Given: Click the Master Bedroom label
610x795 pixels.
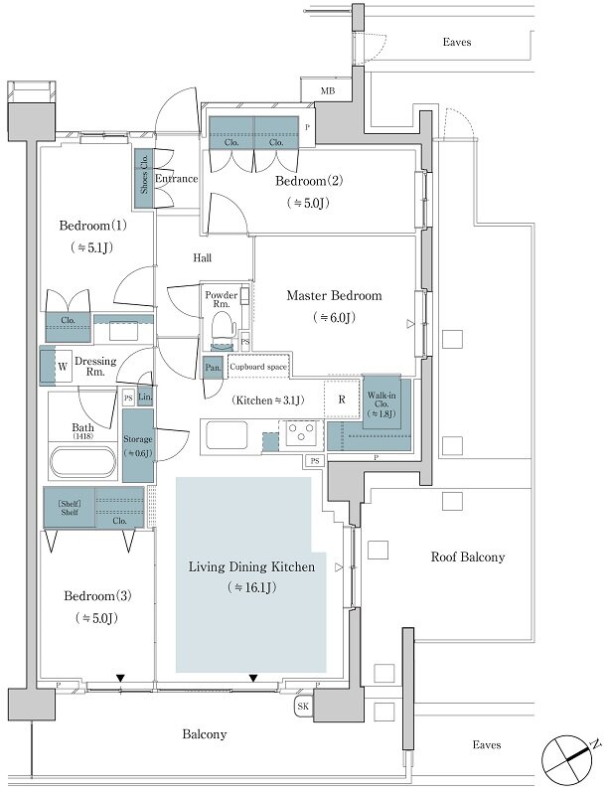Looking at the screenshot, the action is [x=334, y=295].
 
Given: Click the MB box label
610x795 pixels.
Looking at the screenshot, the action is [x=328, y=91].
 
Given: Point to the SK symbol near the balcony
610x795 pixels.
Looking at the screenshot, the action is [x=303, y=707].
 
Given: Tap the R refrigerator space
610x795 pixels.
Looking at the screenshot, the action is [x=342, y=399].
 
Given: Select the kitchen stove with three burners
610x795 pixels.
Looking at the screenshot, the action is [x=304, y=433].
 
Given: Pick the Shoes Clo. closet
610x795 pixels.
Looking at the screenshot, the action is [x=144, y=178].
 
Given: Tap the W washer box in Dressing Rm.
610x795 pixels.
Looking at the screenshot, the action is [x=63, y=366].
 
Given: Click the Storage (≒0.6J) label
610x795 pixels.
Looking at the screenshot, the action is [x=137, y=446].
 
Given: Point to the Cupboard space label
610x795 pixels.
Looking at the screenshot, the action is [x=258, y=367].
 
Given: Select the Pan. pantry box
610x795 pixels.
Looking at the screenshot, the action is [x=213, y=368].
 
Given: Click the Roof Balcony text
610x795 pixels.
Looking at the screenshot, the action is [x=468, y=557].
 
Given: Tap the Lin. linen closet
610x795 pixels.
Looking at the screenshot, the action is [x=145, y=397].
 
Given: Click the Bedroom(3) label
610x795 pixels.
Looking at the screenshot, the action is [x=97, y=595].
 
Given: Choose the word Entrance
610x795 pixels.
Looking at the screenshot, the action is [x=177, y=179].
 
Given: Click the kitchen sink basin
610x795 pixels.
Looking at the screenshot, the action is [x=227, y=434].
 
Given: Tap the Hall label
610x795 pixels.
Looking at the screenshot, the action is [x=203, y=258].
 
